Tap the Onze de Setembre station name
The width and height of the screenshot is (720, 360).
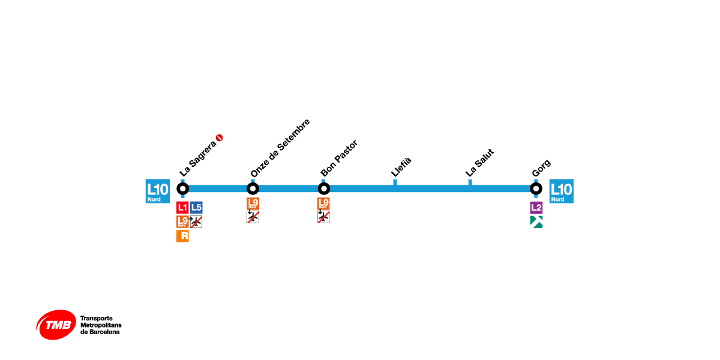(x=280, y=148)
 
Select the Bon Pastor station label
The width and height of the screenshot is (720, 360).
(x=339, y=158)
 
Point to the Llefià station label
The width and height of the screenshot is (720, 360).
(x=401, y=166)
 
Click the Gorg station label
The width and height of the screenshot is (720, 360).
(x=541, y=169)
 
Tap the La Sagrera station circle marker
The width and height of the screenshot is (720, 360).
(x=183, y=188)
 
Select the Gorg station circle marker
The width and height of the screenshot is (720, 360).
(x=536, y=188)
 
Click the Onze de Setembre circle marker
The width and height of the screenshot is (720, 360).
(x=253, y=188)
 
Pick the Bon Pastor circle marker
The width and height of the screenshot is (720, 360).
(x=324, y=188)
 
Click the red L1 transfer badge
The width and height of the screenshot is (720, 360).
(x=182, y=208)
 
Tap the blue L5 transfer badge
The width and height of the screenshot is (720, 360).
(x=196, y=208)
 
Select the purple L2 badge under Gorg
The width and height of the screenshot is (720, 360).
(x=536, y=208)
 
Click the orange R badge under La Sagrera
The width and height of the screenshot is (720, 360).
(x=182, y=236)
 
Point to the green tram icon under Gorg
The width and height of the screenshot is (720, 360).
(x=536, y=222)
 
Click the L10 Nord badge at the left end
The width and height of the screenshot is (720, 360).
(x=158, y=191)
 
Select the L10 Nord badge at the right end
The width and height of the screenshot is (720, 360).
(x=561, y=191)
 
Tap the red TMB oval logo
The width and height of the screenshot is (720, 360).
(x=56, y=325)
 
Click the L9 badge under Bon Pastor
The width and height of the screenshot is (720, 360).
(x=324, y=203)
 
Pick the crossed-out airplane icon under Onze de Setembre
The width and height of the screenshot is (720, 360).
(x=253, y=217)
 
